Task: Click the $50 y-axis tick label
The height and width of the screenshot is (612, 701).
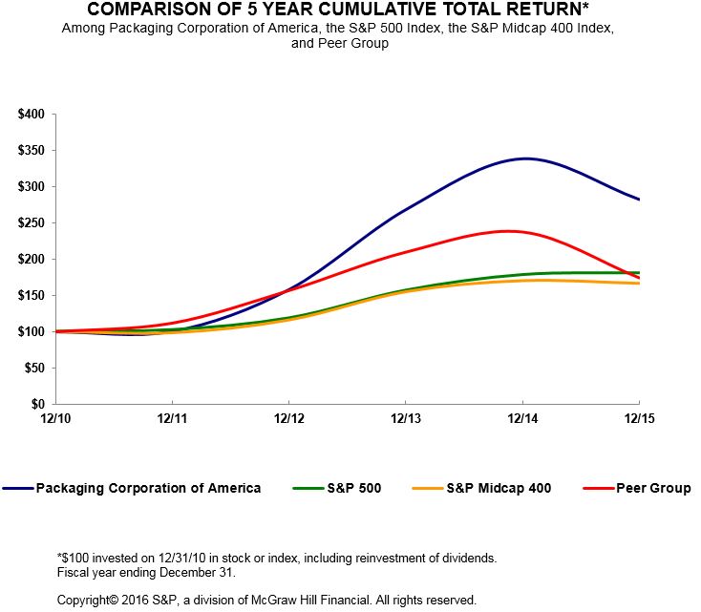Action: tap(34, 369)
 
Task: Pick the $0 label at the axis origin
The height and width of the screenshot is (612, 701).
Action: tap(38, 405)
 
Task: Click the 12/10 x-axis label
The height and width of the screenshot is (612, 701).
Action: tap(55, 419)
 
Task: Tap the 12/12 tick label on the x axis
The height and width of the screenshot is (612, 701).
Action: tap(288, 419)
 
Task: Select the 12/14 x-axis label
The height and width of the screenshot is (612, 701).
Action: tap(522, 419)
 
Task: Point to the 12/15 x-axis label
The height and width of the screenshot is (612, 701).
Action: tap(638, 419)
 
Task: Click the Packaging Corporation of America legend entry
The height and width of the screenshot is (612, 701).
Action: tap(148, 488)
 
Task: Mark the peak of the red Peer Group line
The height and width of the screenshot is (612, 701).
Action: tap(512, 231)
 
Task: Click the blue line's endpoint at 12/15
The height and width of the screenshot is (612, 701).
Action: tap(639, 200)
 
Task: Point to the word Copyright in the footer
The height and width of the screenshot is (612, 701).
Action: tap(85, 601)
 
